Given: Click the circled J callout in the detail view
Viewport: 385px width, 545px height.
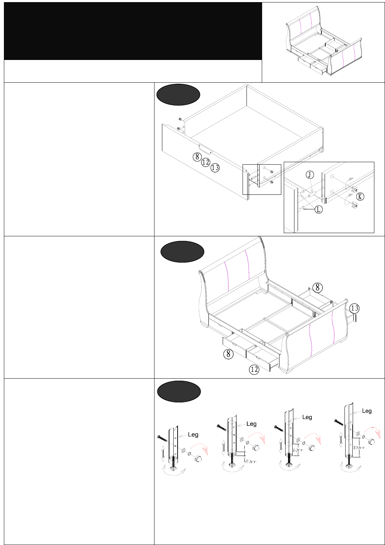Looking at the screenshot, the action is click(310, 175).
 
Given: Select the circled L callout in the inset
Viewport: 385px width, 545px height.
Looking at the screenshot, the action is click(319, 210).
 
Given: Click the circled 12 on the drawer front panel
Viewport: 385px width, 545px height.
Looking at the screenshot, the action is click(206, 163).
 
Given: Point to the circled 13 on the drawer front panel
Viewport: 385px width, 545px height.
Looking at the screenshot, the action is click(215, 168).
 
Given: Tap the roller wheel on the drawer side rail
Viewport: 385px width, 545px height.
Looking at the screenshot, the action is click(322, 150).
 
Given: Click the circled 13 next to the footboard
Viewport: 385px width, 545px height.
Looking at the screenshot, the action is click(354, 308).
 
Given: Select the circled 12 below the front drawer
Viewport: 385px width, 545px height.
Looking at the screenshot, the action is click(254, 369).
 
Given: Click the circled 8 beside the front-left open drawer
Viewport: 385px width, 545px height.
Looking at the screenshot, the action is click(228, 354).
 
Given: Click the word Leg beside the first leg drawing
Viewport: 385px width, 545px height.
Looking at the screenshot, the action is click(193, 434).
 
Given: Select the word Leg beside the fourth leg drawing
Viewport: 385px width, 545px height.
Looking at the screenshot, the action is click(367, 411).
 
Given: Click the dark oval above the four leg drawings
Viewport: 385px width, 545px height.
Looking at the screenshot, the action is click(179, 391).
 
